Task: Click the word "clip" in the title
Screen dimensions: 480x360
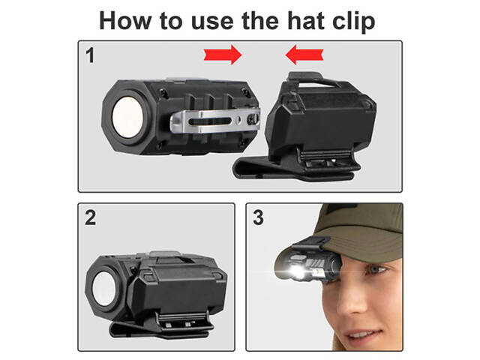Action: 354,22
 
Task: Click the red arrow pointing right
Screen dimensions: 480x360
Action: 223,55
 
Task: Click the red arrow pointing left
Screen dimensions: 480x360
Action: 304,55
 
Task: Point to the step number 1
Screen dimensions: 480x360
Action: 90,55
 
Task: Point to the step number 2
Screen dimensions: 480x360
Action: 90,217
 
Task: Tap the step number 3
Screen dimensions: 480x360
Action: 258,217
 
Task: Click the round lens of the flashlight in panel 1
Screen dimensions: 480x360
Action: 127,117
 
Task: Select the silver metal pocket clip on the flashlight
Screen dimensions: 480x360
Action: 215,121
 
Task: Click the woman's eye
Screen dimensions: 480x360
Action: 377,270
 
